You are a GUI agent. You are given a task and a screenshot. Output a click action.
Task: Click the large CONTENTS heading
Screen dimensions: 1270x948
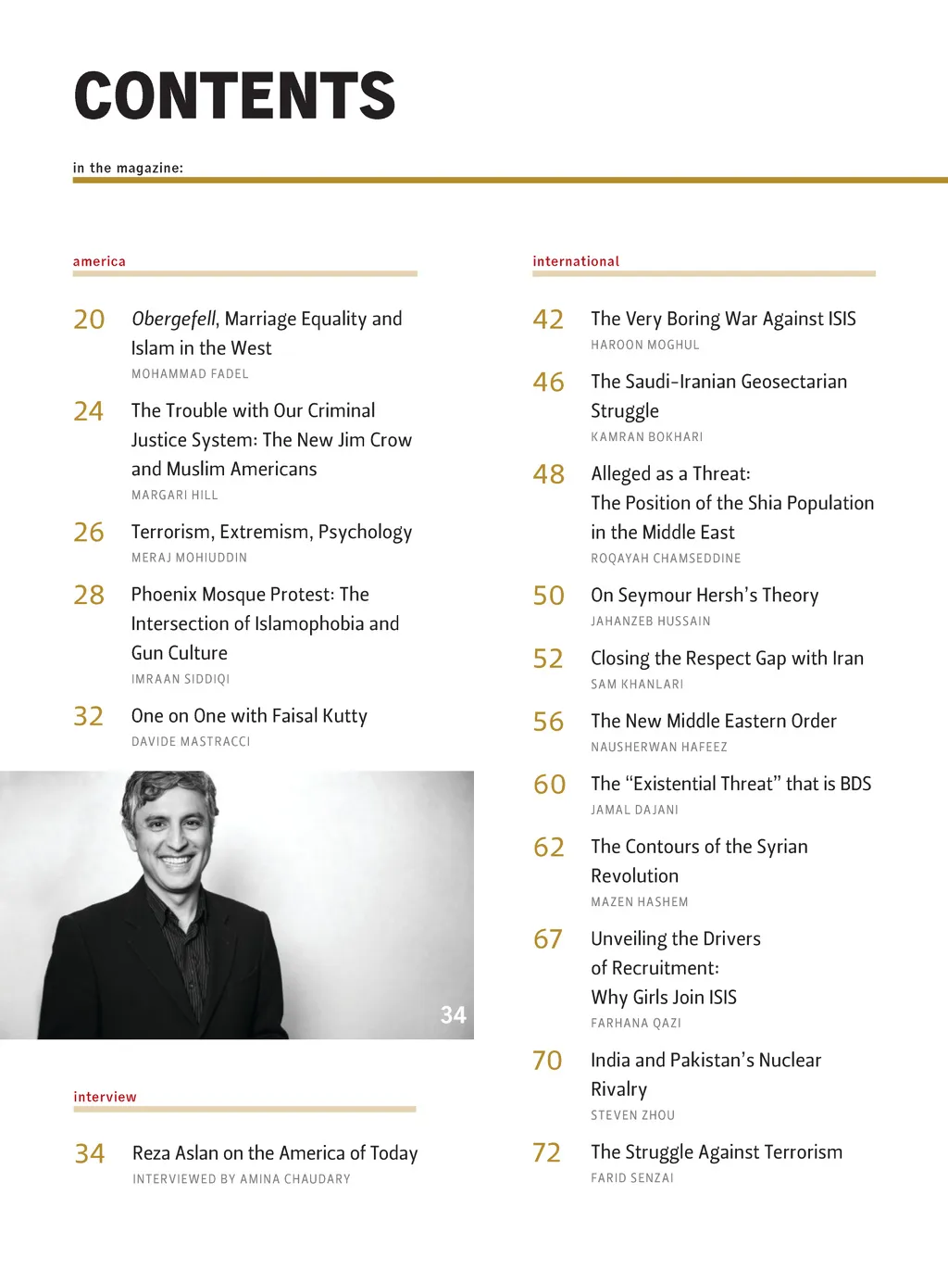pos(234,95)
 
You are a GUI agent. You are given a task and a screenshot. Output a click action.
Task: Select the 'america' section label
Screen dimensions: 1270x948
pos(99,261)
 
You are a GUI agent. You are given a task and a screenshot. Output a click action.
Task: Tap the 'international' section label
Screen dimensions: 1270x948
pos(576,261)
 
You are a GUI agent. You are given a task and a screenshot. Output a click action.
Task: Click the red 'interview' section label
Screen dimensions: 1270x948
pos(105,1097)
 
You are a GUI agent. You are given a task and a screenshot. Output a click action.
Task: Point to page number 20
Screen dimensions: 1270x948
pos(89,320)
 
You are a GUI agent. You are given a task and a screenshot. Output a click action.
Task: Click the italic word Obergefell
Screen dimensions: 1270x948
pos(173,319)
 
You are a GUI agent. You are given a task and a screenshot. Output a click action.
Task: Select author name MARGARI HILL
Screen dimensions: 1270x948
pos(175,496)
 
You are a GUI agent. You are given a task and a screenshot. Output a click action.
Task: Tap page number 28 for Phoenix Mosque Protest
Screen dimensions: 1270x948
pos(89,595)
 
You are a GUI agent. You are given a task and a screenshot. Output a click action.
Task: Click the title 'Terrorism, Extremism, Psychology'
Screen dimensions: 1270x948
pos(271,532)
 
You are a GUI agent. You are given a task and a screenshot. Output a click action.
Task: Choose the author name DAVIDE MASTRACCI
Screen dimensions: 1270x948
pos(191,742)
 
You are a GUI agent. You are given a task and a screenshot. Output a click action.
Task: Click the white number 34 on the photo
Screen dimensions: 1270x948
pos(453,1015)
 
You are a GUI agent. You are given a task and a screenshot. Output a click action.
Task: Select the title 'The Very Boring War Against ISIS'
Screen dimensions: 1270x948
pos(723,319)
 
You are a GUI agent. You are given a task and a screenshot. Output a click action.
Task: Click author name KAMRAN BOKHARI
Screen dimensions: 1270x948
pos(647,437)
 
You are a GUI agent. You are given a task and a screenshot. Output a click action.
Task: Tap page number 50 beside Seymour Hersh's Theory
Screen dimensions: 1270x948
pos(549,596)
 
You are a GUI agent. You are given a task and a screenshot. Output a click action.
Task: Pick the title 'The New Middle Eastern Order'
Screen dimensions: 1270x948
pos(714,721)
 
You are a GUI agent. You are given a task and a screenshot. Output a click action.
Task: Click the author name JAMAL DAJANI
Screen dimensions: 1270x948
pos(635,810)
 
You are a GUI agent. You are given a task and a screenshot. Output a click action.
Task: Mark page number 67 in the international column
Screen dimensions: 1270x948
pos(548,939)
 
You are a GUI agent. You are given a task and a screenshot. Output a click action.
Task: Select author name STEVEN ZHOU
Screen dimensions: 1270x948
pos(633,1115)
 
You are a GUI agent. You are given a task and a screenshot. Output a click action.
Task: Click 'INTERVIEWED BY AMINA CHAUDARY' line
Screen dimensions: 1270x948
pos(242,1179)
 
